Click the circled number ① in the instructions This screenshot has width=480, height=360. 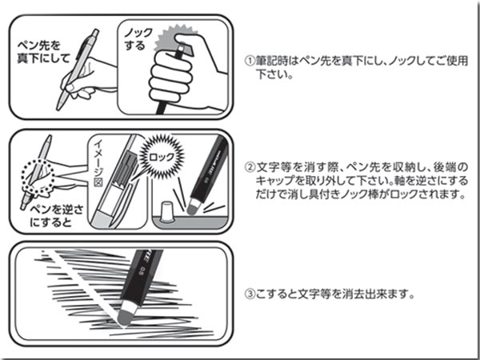click(250, 61)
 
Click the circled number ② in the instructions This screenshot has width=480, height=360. click(250, 167)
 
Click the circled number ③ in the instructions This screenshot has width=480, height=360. click(250, 294)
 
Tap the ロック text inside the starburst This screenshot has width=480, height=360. click(162, 158)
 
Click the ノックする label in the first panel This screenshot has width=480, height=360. click(138, 39)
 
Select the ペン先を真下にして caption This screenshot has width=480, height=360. click(43, 52)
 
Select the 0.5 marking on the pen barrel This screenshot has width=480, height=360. click(142, 271)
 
